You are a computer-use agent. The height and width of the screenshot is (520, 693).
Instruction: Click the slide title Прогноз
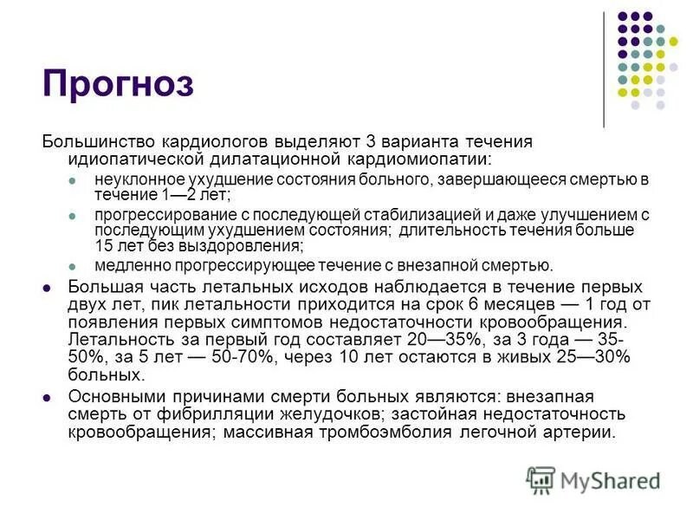click(x=118, y=84)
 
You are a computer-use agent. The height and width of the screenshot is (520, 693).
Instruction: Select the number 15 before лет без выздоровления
click(x=107, y=244)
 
